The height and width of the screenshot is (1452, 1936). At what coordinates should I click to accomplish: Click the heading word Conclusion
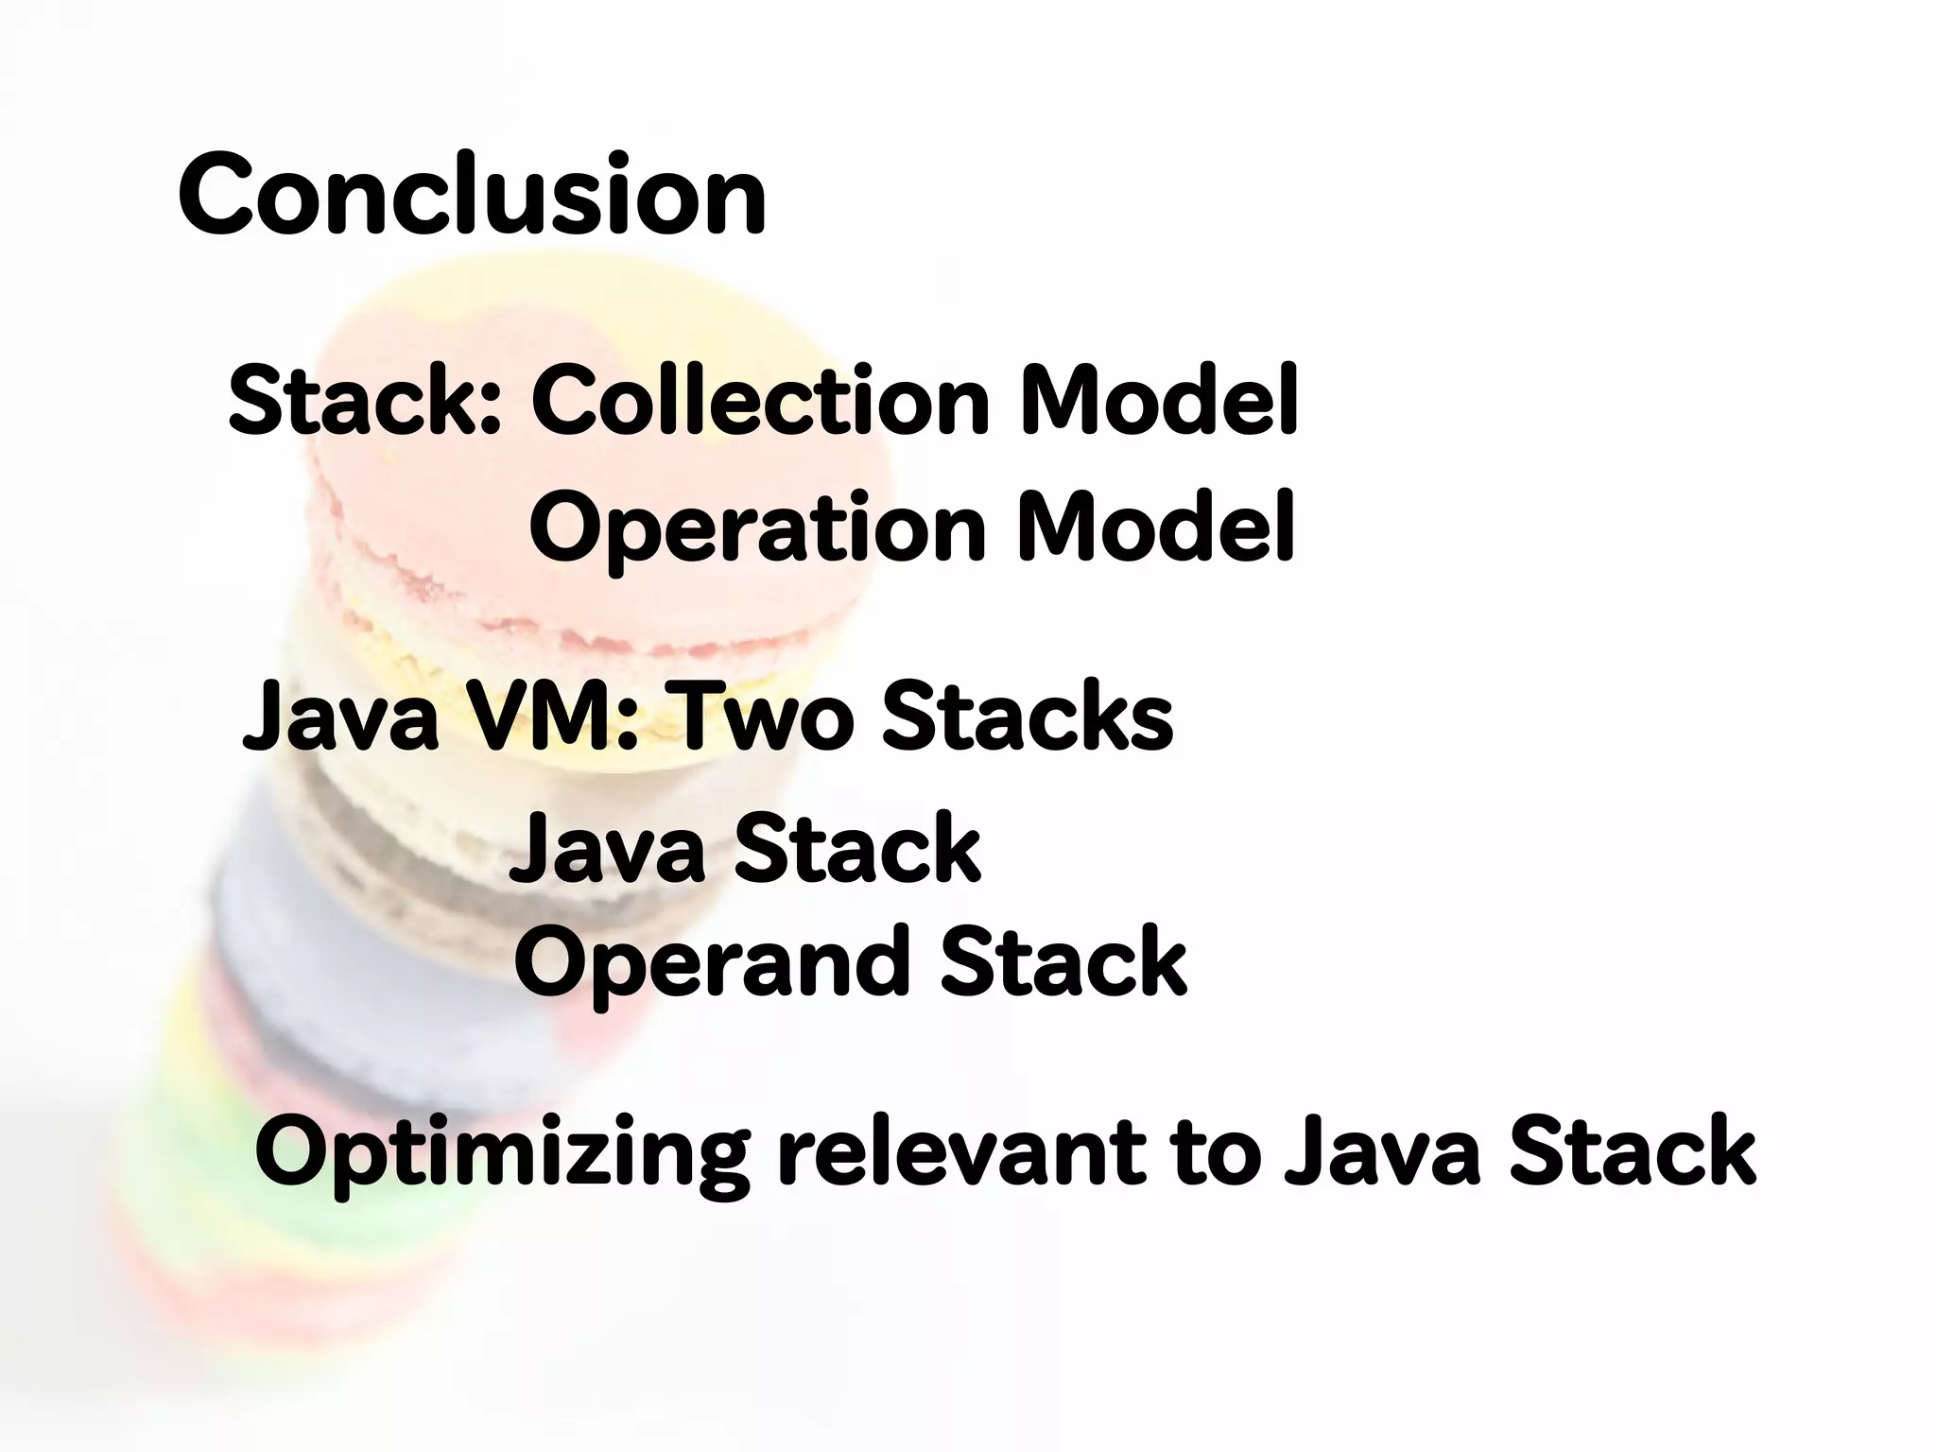point(471,197)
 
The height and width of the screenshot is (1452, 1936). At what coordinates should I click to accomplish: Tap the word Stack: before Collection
point(364,402)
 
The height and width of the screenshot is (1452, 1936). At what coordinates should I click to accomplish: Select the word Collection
point(760,402)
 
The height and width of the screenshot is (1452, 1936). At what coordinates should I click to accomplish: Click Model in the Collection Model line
point(1157,402)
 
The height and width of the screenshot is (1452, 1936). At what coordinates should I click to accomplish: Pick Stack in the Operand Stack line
point(1063,962)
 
